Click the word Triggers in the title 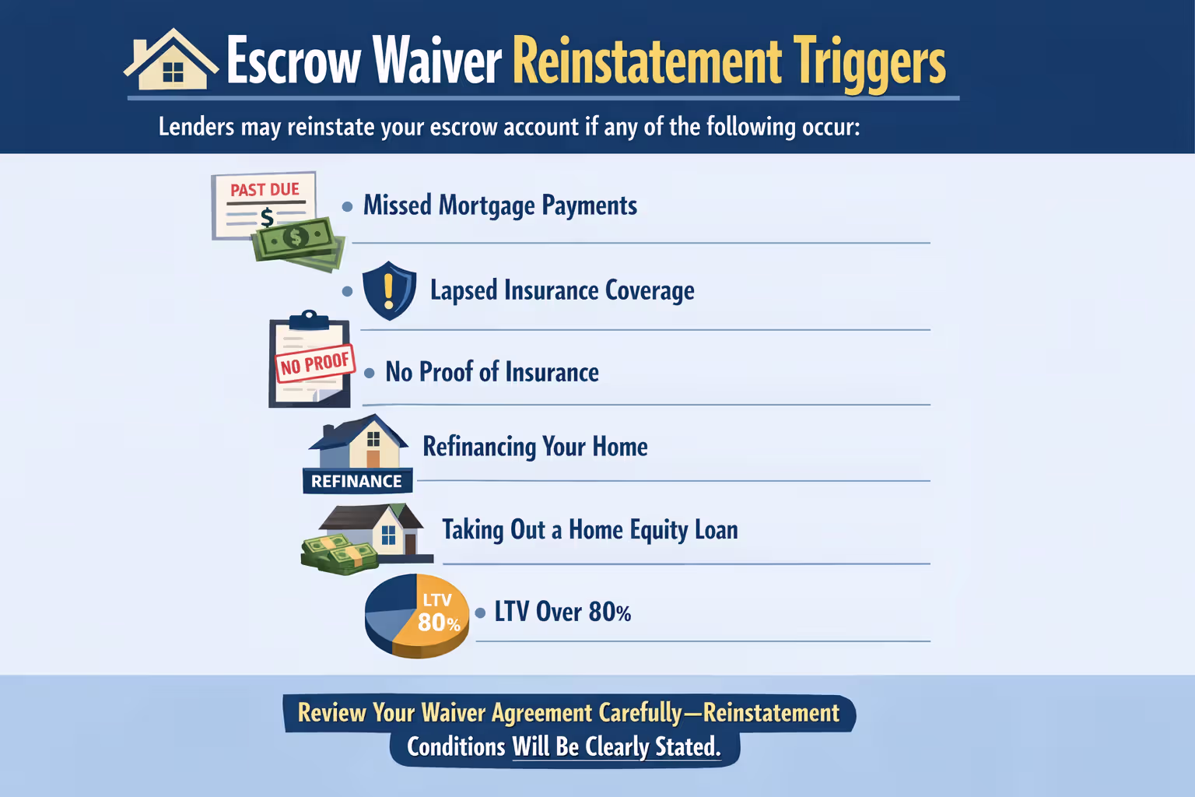coord(869,62)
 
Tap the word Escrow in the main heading coord(294,61)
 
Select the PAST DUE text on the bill coord(265,190)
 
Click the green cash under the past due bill coord(298,242)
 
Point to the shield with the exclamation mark coord(389,290)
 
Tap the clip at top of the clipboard coord(309,320)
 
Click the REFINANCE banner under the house coord(356,481)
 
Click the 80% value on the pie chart coord(439,623)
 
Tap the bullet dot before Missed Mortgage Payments coord(348,207)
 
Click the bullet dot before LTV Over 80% coord(480,613)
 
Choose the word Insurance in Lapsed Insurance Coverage coord(552,290)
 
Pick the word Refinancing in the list coord(479,448)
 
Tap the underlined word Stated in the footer coord(687,747)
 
